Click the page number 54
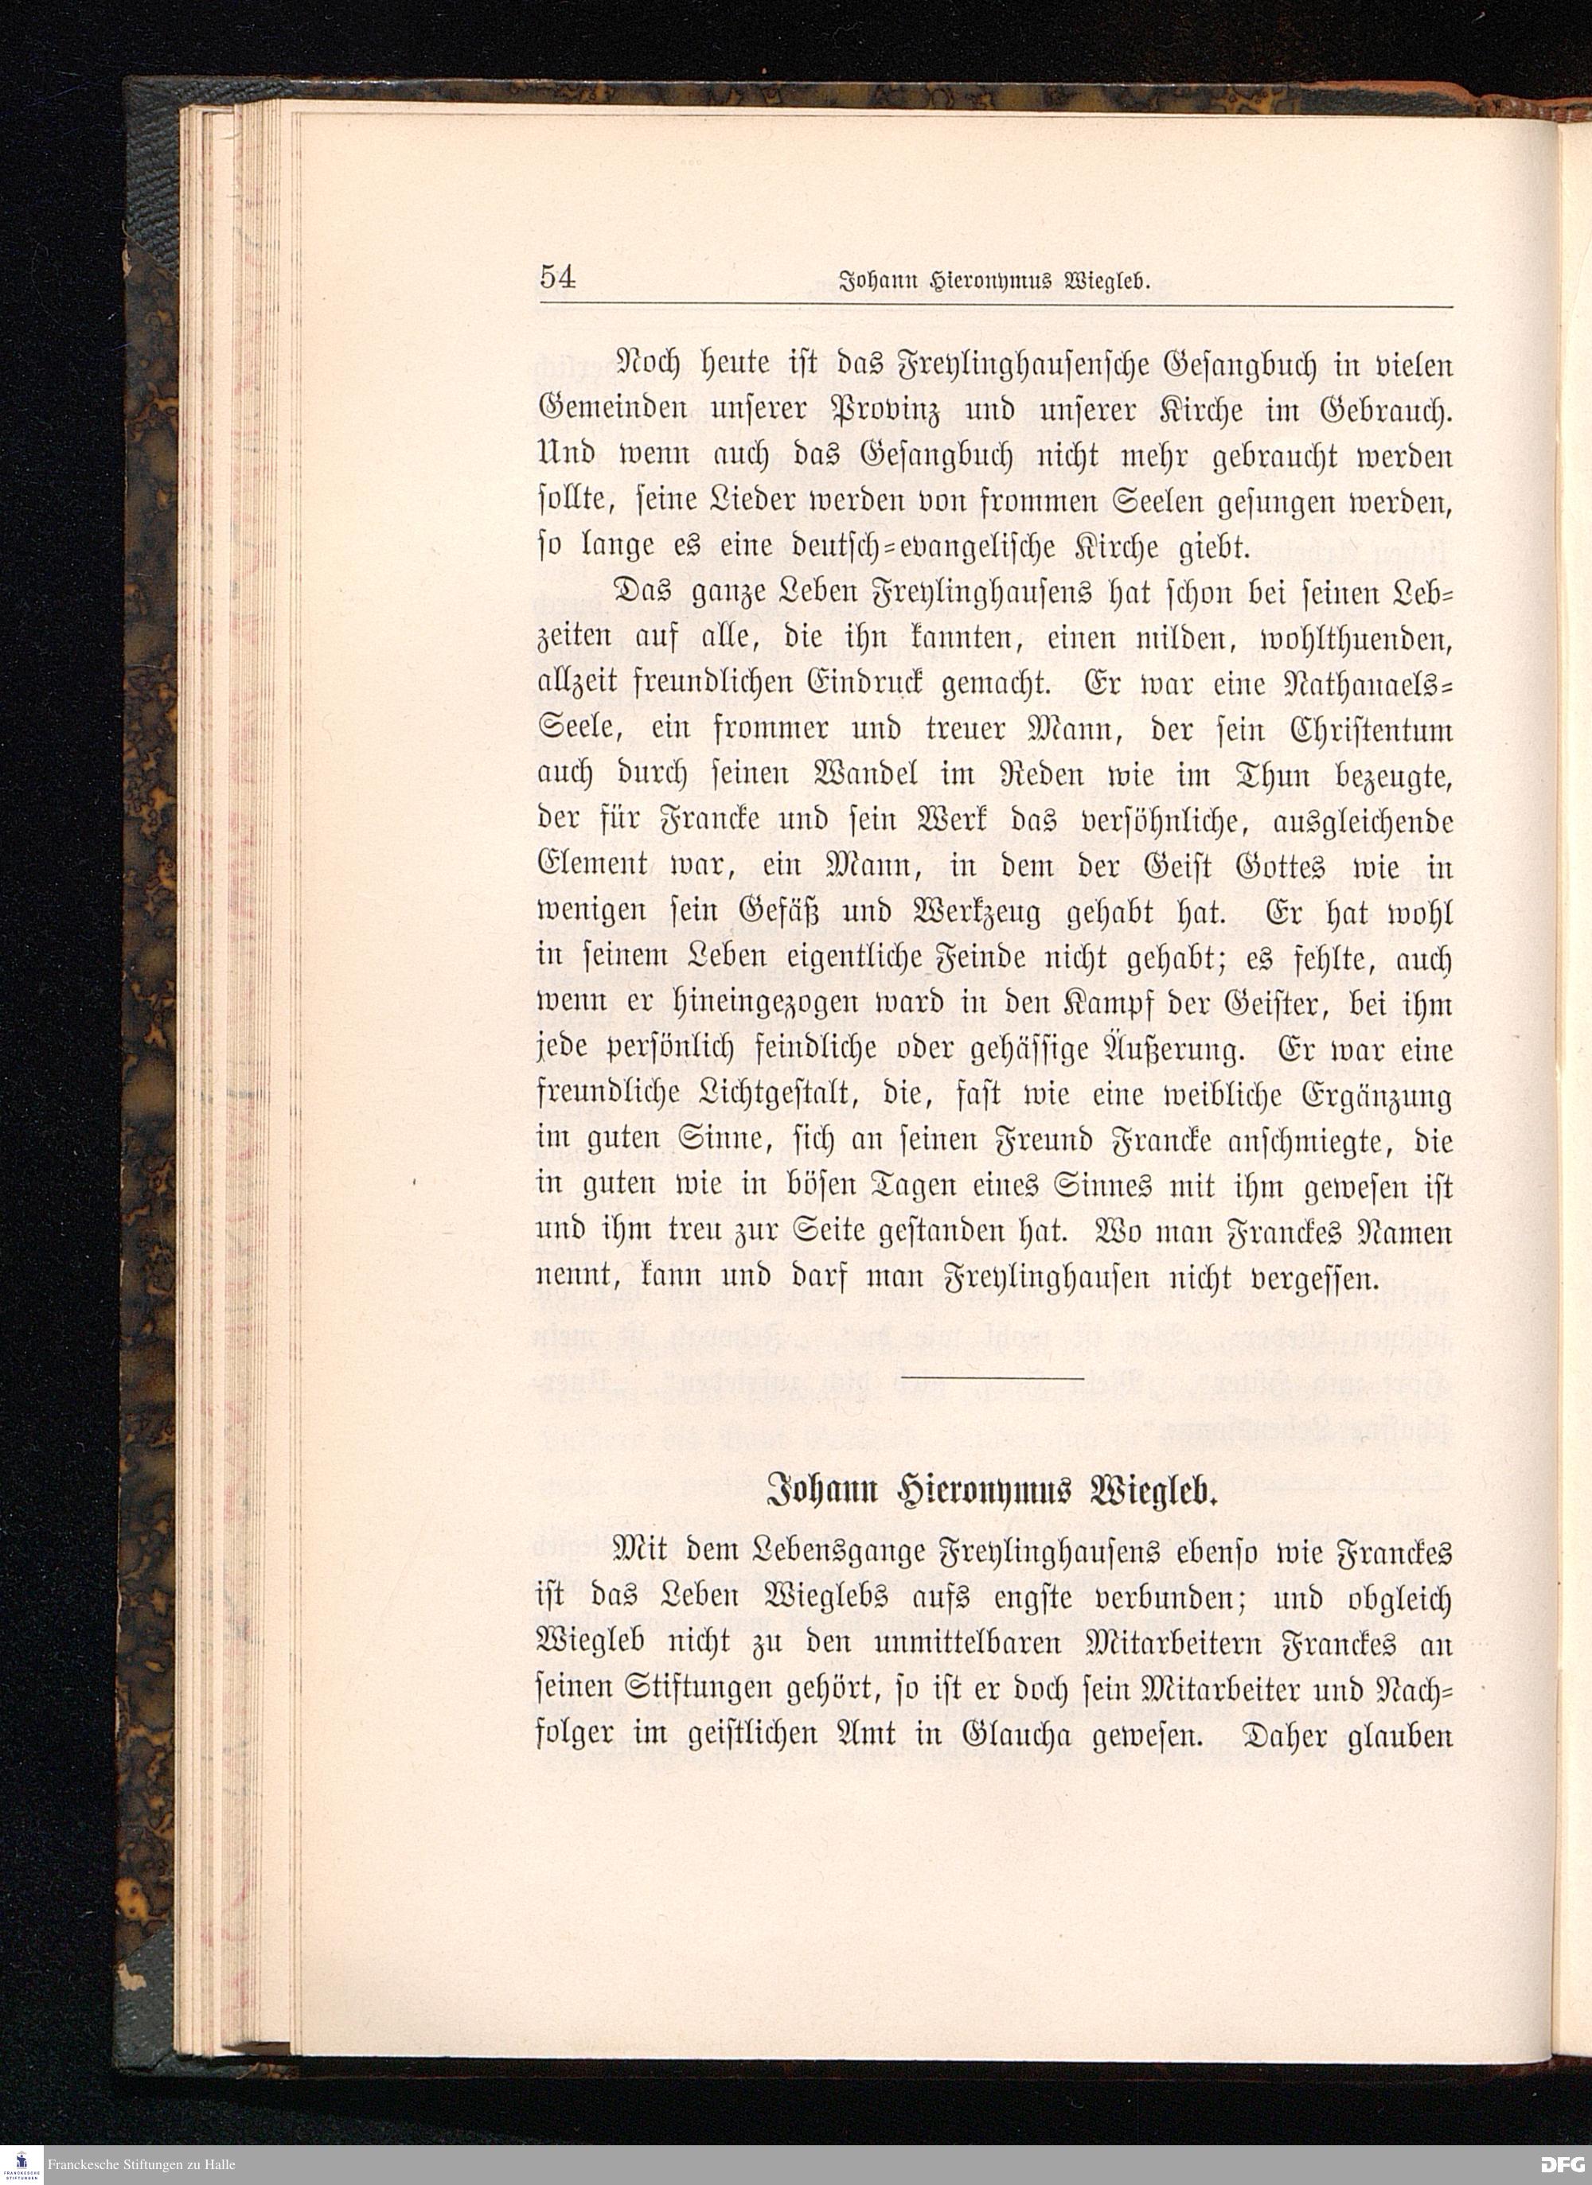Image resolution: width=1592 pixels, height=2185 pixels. point(558,278)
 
